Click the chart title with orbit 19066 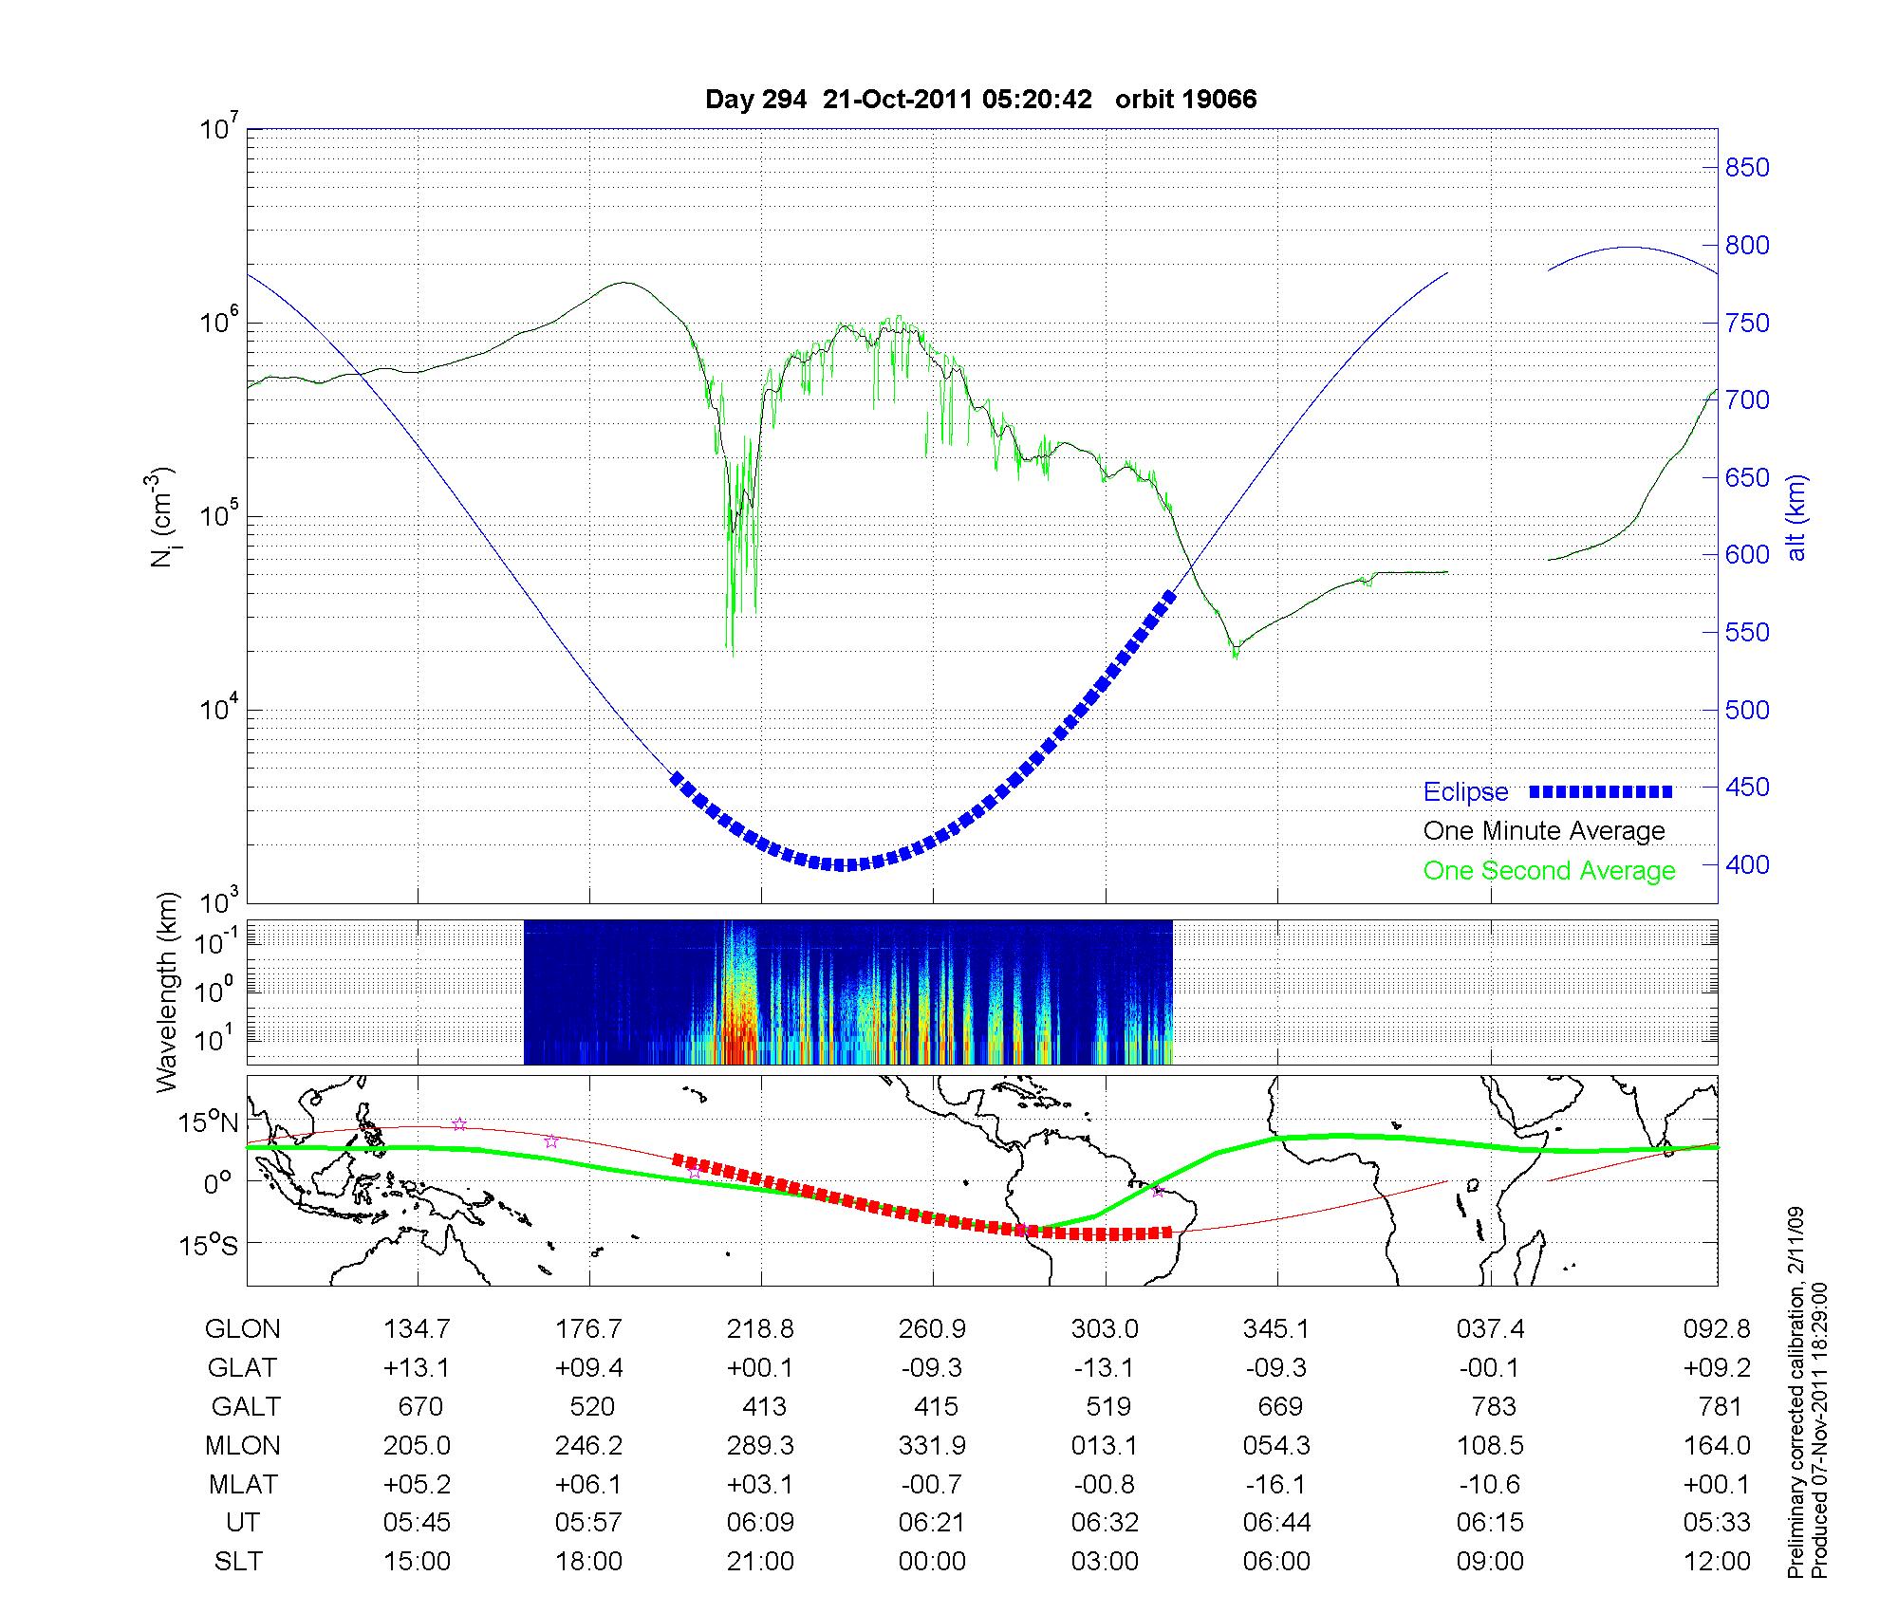980,100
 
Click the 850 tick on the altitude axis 1747,168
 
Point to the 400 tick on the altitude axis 1747,864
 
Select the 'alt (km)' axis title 1796,517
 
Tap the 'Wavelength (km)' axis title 167,992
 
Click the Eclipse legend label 1465,791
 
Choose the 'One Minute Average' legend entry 1544,831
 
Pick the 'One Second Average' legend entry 1549,870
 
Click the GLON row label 242,1328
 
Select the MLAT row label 242,1484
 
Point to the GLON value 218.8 760,1328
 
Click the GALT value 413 764,1406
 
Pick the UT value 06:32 1105,1523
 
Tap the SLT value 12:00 1717,1562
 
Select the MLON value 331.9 933,1445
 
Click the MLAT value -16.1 1276,1484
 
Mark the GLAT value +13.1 418,1367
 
